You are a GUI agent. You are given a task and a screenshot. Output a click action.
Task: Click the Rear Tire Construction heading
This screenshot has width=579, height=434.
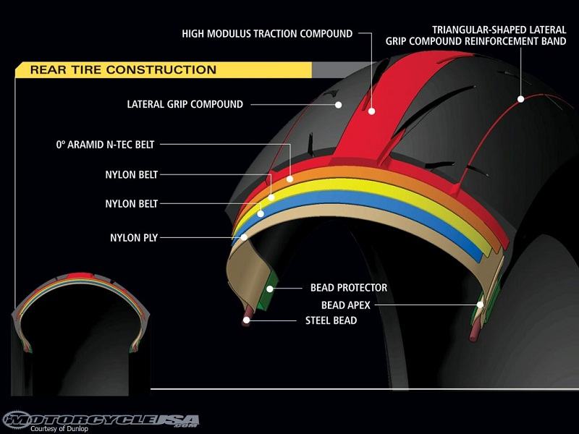(123, 70)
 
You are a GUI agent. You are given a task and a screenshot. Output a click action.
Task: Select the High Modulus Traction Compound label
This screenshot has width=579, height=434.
(267, 33)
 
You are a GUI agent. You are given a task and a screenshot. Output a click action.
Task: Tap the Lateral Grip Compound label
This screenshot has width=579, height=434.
(185, 104)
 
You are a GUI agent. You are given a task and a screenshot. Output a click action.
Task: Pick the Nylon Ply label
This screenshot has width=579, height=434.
(135, 236)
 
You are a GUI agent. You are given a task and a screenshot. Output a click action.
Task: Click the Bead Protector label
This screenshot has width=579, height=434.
(349, 288)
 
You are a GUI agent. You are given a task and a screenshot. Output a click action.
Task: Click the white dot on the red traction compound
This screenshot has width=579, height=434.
(371, 111)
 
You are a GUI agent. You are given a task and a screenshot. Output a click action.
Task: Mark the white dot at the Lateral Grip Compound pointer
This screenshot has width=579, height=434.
(338, 105)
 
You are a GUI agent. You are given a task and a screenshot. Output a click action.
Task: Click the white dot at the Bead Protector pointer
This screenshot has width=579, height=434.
(269, 288)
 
